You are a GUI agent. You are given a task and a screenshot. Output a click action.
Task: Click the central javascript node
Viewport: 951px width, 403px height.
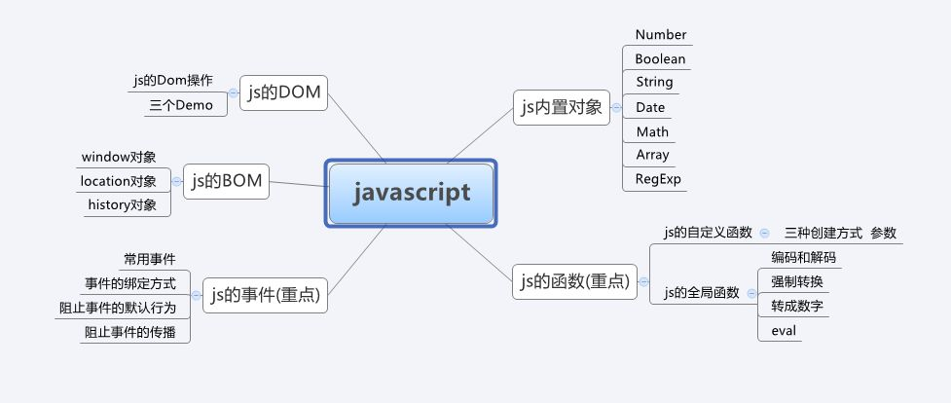(412, 192)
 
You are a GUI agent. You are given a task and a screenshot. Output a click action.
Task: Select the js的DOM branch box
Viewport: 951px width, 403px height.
(284, 92)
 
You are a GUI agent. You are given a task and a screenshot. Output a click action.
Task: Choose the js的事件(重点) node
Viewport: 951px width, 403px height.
(265, 294)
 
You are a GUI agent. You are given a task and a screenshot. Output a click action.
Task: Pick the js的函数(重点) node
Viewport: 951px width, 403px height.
(573, 282)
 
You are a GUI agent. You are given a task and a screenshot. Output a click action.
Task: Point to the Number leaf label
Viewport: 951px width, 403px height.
(661, 35)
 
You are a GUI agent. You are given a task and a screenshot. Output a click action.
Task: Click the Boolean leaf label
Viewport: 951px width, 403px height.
(660, 59)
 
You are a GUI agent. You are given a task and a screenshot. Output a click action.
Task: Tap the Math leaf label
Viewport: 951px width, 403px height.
(652, 131)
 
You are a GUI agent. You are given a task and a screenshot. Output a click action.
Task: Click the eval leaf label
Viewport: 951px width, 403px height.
(784, 331)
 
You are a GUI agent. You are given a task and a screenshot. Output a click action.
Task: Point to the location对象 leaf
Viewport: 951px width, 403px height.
(118, 180)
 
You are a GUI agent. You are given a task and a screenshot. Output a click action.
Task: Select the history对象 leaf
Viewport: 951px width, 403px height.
(122, 204)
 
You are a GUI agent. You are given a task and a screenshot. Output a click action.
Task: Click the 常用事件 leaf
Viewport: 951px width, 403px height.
(149, 259)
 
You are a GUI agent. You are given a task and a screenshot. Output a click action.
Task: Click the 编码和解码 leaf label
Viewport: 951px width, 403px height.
(803, 258)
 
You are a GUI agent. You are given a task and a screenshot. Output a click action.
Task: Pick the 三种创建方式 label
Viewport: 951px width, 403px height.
(823, 234)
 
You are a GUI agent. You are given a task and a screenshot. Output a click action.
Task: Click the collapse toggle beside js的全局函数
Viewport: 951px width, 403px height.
(750, 293)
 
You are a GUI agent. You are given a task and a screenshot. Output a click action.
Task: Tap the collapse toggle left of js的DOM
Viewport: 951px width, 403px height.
(233, 93)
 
